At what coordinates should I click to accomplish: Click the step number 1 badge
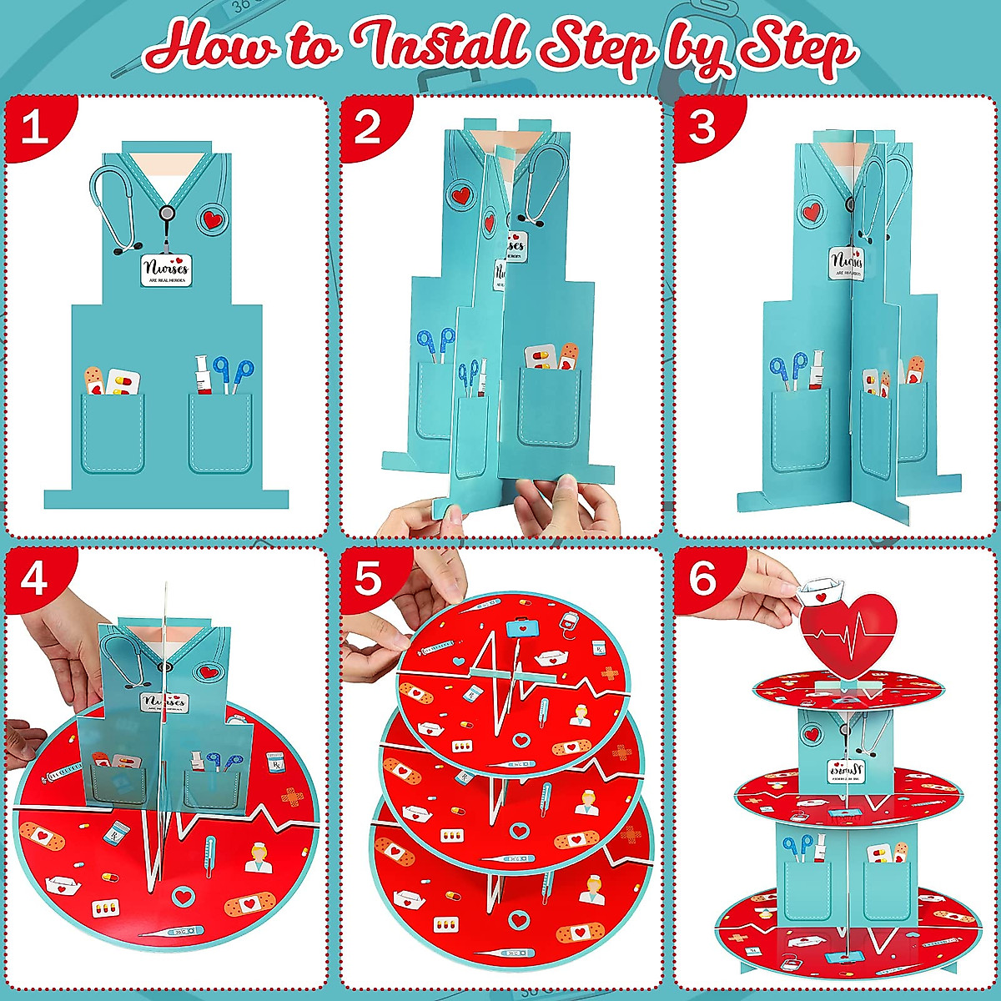coord(34,128)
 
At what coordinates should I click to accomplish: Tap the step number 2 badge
coord(368,128)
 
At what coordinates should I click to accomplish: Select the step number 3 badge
coord(702,128)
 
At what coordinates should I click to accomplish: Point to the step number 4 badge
coord(34,578)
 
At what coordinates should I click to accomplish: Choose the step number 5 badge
coord(368,578)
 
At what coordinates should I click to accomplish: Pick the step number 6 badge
coord(702,578)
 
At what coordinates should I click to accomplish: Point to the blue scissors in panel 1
coord(233,372)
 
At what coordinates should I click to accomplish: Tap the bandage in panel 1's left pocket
coord(94,380)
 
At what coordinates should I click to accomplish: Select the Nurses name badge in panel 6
coord(848,771)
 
